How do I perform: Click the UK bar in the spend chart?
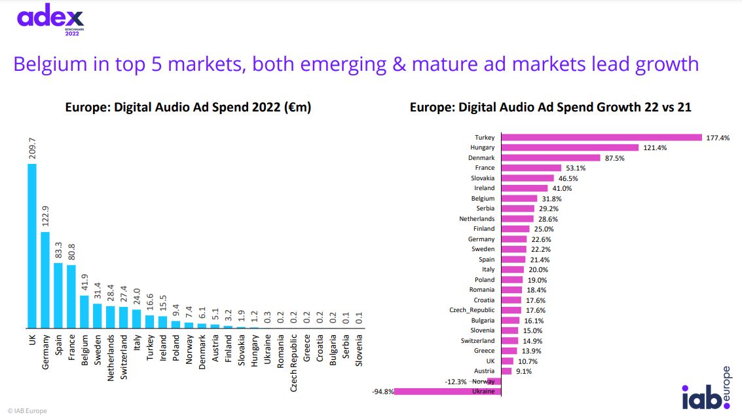pyautogui.click(x=32, y=246)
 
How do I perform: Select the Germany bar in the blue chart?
pyautogui.click(x=45, y=280)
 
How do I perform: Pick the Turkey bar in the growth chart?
pyautogui.click(x=601, y=138)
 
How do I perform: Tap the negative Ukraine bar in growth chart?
pyautogui.click(x=448, y=391)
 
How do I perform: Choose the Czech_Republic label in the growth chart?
pyautogui.click(x=472, y=310)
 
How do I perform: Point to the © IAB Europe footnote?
pyautogui.click(x=28, y=411)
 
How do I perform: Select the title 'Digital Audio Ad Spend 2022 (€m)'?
pyautogui.click(x=188, y=107)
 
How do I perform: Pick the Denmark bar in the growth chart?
pyautogui.click(x=550, y=158)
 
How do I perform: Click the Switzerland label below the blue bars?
pyautogui.click(x=124, y=357)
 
